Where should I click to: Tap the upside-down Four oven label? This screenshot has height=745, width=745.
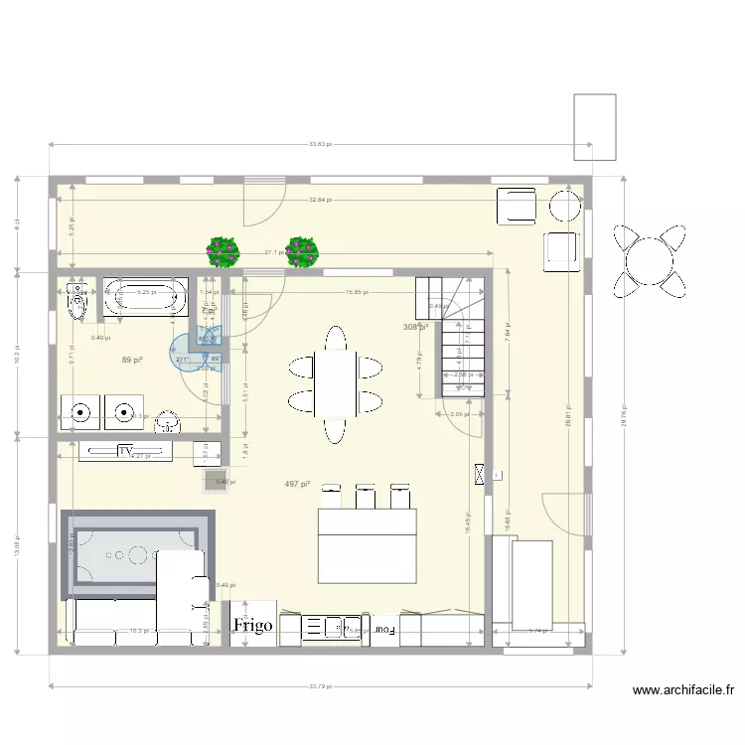click(x=383, y=629)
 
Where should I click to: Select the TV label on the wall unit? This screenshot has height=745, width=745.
click(x=125, y=452)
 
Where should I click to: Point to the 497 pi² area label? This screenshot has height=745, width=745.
click(x=297, y=484)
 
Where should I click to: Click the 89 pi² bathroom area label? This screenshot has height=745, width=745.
click(x=131, y=360)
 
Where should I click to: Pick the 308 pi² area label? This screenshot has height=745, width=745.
click(x=414, y=327)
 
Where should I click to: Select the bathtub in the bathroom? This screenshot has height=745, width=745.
click(x=146, y=296)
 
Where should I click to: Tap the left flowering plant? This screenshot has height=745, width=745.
click(x=223, y=251)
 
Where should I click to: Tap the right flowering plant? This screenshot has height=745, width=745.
click(x=302, y=251)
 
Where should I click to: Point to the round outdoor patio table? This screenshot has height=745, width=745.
click(x=650, y=260)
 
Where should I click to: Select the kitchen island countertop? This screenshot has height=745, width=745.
click(x=367, y=545)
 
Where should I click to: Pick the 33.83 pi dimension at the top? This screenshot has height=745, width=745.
click(x=320, y=145)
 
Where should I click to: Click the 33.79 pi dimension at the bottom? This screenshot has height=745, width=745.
click(x=320, y=685)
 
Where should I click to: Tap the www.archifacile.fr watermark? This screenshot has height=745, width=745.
click(x=683, y=690)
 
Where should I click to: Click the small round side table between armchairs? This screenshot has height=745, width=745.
click(x=565, y=206)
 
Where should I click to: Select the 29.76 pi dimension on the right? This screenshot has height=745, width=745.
click(x=624, y=415)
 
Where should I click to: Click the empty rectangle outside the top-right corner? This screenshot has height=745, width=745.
click(x=595, y=126)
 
